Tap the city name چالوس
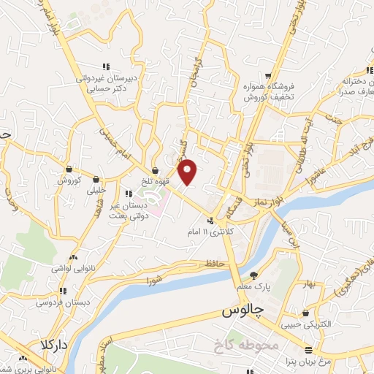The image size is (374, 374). coord(242,312)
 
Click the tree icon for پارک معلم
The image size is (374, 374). coord(253,275)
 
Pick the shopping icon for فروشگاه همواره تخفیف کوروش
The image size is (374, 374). coord(268,76)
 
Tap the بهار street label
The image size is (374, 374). coord(310,283)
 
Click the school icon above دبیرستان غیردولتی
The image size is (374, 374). coord(107,66)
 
